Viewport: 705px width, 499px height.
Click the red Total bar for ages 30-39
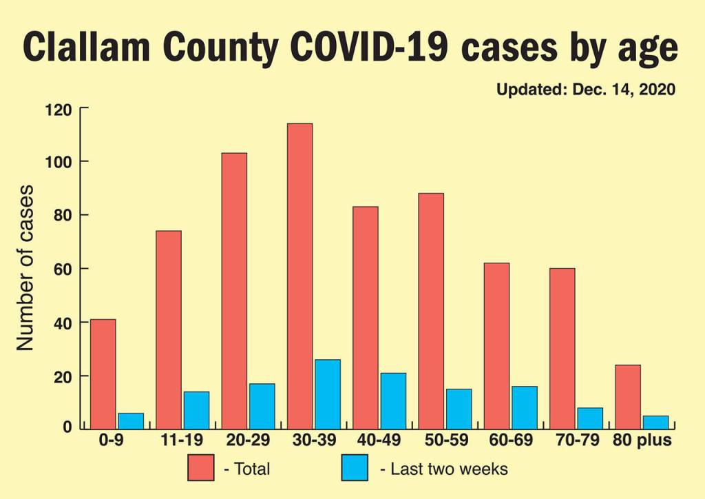click(x=299, y=276)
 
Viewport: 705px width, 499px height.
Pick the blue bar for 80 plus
click(x=655, y=422)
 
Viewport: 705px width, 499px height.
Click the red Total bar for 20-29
click(x=234, y=290)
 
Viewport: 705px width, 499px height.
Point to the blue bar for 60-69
click(x=524, y=407)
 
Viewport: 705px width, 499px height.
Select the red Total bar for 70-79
click(x=562, y=348)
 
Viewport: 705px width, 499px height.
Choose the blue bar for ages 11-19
click(x=196, y=410)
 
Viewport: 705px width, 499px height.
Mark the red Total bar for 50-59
click(x=431, y=311)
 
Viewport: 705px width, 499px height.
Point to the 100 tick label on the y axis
click(x=59, y=162)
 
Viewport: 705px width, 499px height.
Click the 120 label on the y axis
click(x=59, y=109)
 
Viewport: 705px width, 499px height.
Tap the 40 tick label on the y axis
click(x=63, y=323)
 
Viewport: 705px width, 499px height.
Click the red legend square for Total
click(x=200, y=468)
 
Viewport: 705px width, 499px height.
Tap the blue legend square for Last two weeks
click(x=355, y=468)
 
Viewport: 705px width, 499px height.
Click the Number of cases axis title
click(x=26, y=267)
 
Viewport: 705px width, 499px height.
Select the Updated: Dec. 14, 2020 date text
click(x=585, y=90)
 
